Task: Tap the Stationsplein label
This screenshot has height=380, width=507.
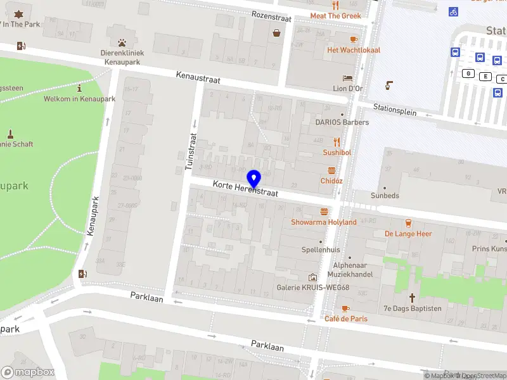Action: [395, 110]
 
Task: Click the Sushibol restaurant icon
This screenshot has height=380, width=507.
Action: [337, 142]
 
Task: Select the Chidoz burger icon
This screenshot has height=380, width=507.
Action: [331, 170]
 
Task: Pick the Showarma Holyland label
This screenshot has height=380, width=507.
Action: [324, 222]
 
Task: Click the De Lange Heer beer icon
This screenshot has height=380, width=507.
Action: [408, 223]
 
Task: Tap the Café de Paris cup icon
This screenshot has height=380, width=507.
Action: [345, 308]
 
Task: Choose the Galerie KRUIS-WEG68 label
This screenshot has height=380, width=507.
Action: [312, 288]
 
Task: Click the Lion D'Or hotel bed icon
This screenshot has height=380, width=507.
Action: [347, 78]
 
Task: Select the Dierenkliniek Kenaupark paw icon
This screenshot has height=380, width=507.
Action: [120, 31]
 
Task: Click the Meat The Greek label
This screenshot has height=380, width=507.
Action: [335, 16]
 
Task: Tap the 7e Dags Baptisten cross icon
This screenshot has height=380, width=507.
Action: [412, 297]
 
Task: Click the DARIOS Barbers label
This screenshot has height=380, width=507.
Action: [342, 122]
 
